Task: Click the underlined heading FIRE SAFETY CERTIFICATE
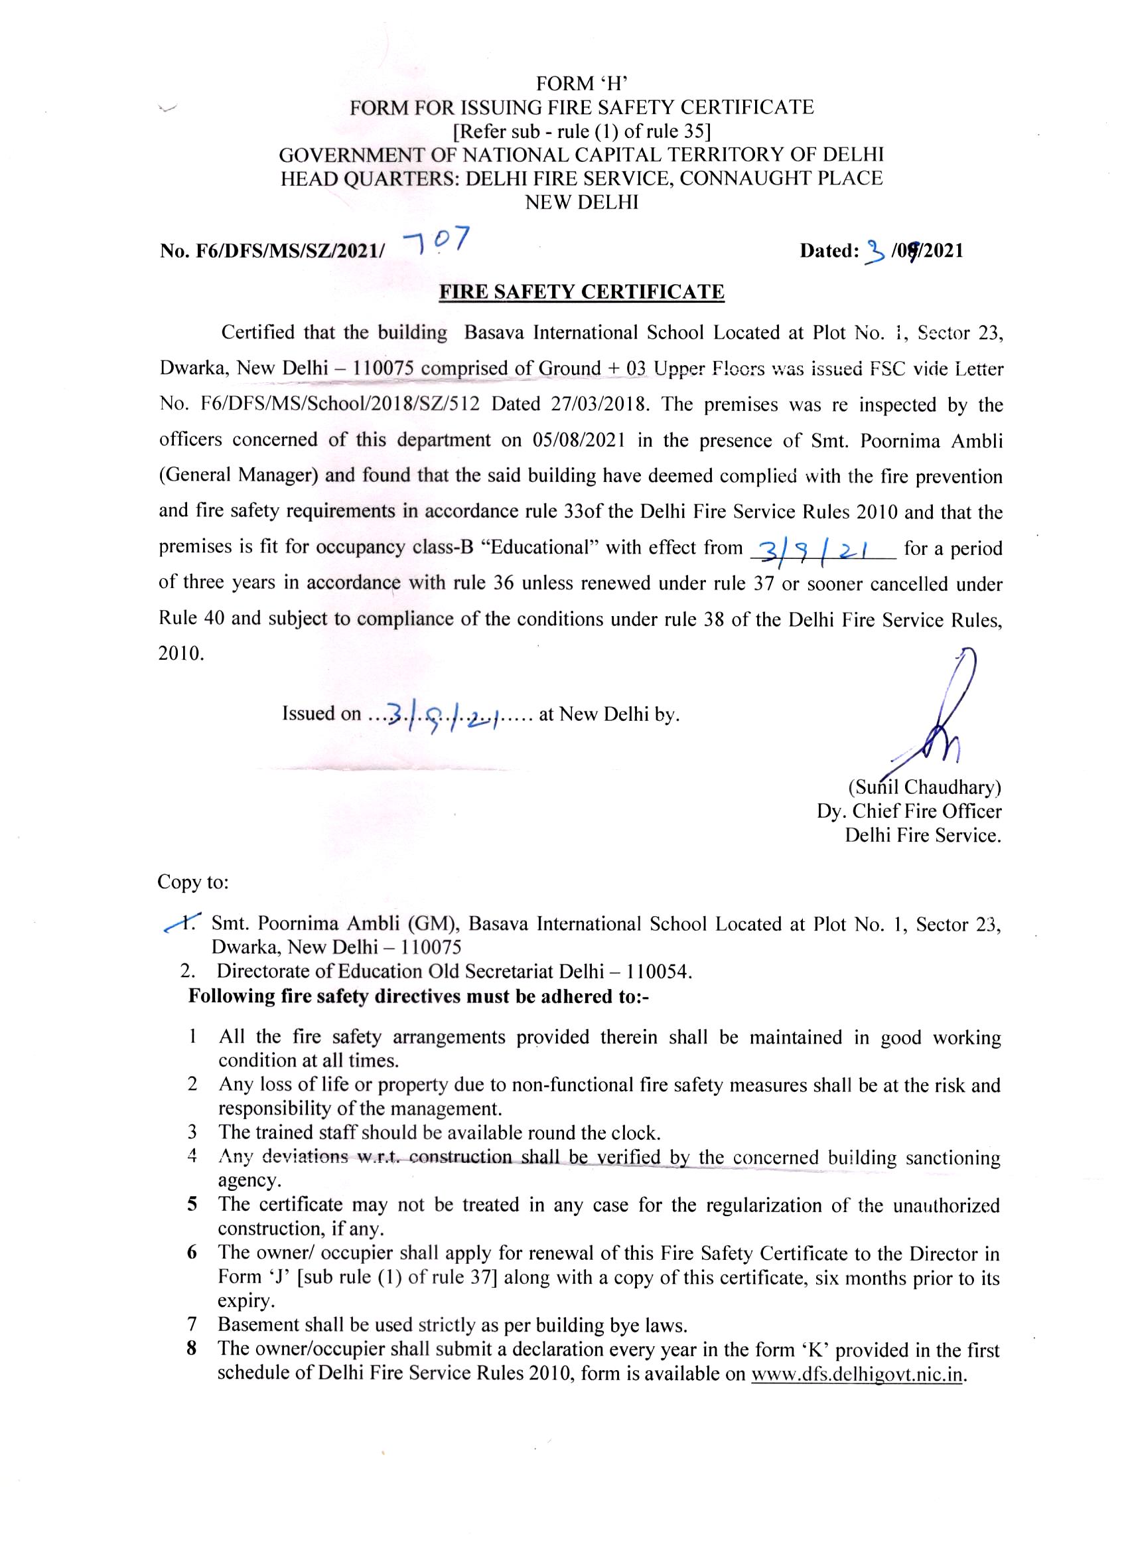tap(581, 292)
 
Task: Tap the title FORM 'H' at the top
tap(582, 84)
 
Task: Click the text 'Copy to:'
tap(193, 882)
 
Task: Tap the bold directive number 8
tap(192, 1350)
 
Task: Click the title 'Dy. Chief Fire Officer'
tap(909, 812)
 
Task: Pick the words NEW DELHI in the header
tap(581, 202)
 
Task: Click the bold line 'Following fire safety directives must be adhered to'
tap(419, 996)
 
